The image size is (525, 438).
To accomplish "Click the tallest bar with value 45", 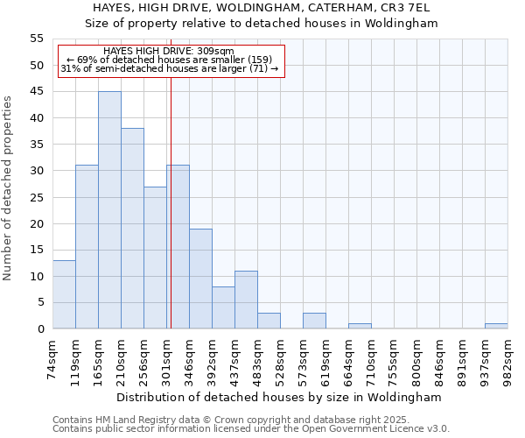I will [109, 210].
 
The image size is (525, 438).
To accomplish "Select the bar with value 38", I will [132, 229].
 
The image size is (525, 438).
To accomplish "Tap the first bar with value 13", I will [64, 294].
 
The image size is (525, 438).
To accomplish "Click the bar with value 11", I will [246, 300].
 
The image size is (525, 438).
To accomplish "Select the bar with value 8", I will [223, 307].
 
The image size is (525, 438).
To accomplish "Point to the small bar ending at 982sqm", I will [496, 326].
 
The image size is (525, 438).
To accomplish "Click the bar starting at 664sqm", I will [360, 326].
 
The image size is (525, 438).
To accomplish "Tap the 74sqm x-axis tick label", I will [52, 358].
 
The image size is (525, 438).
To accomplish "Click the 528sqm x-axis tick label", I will [280, 358].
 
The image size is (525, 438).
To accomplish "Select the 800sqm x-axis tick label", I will [416, 358].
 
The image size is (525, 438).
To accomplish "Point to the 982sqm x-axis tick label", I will [507, 358].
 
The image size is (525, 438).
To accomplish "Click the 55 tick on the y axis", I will [37, 39].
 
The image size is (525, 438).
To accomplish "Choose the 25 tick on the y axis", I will [37, 197].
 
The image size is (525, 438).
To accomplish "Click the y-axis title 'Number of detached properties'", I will [9, 187].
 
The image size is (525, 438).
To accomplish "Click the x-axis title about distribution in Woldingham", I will [279, 397].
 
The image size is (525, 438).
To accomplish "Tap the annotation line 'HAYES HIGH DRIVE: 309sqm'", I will [168, 52].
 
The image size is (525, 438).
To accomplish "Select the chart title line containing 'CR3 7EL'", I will [262, 8].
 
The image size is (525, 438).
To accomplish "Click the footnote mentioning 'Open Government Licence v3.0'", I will [251, 428].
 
